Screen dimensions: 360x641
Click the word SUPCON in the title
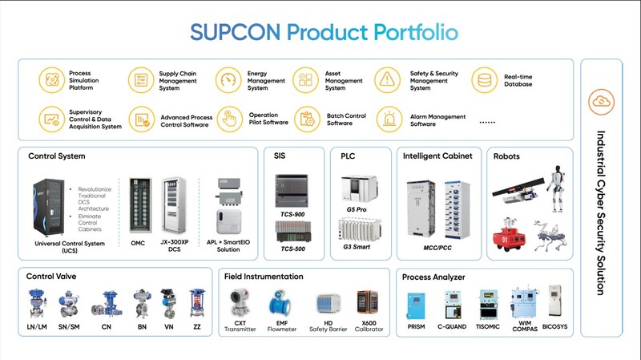pyautogui.click(x=233, y=32)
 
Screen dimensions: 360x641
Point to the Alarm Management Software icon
pyautogui.click(x=390, y=120)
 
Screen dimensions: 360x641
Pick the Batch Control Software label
pyautogui.click(x=345, y=119)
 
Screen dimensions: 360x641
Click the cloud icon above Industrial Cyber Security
pyautogui.click(x=599, y=101)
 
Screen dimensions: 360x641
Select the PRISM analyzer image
pyautogui.click(x=415, y=308)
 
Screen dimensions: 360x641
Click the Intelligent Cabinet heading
pyautogui.click(x=437, y=156)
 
